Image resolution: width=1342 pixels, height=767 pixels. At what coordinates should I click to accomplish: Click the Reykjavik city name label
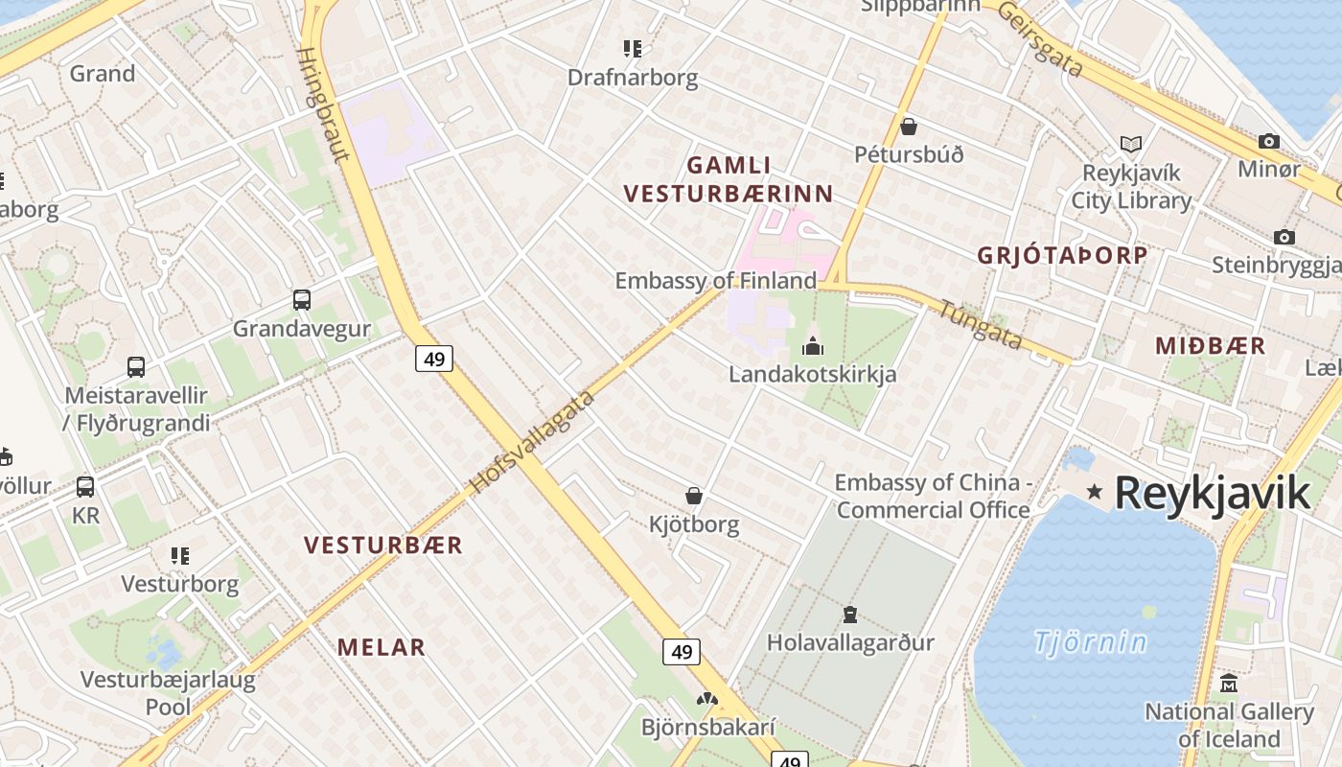[x=1212, y=493]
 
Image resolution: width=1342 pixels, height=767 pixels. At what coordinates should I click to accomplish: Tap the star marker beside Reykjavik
[x=1094, y=491]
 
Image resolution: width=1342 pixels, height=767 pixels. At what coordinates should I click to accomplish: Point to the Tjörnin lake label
[x=1090, y=641]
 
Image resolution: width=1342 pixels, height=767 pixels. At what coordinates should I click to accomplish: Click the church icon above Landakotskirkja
[x=813, y=345]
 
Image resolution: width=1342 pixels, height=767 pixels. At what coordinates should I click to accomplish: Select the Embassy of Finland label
[x=715, y=281]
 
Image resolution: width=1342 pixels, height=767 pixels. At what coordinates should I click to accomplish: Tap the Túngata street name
[x=980, y=325]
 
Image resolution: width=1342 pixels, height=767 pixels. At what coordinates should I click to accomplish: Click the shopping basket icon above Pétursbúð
[x=908, y=127]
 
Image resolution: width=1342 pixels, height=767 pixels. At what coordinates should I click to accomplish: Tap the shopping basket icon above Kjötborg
[x=694, y=496]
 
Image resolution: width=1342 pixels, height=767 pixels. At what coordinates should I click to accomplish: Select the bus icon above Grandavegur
[x=302, y=300]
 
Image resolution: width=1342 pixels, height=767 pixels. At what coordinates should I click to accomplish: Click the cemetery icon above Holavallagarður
[x=849, y=614]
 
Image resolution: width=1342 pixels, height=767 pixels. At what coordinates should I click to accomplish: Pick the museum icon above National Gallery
[x=1229, y=684]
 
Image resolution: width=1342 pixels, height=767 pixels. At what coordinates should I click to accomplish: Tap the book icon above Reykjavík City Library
[x=1131, y=145]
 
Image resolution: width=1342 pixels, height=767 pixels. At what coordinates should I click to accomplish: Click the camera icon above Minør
[x=1268, y=142]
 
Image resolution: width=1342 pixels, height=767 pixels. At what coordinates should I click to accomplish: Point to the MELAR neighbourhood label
[x=381, y=647]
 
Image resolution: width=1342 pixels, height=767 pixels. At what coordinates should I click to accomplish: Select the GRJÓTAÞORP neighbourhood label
[x=1062, y=255]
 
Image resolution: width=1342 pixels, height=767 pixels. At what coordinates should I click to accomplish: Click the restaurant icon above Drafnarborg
[x=632, y=48]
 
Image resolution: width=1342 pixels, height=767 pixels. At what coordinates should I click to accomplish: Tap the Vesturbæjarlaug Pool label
[x=168, y=693]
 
